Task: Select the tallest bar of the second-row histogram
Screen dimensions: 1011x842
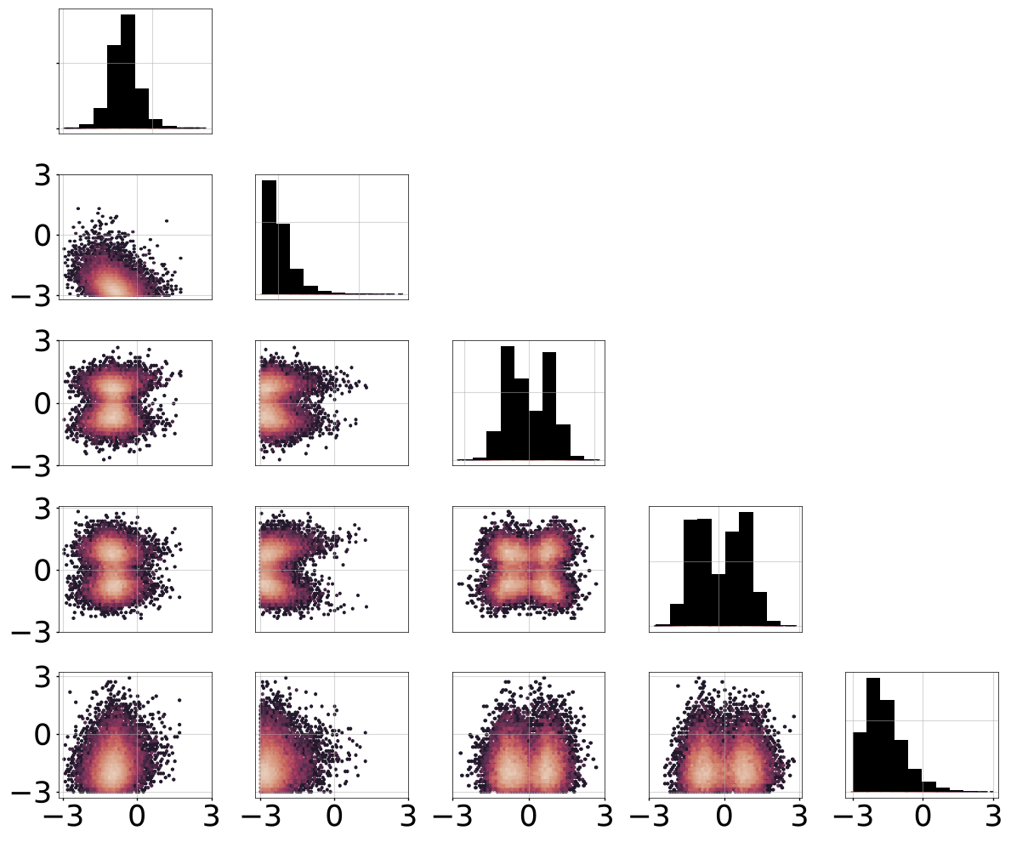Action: [269, 237]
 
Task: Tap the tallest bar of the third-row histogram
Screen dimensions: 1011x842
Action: [508, 403]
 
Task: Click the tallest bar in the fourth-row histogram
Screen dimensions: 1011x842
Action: [746, 569]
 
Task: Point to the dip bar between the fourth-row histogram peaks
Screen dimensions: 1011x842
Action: [718, 600]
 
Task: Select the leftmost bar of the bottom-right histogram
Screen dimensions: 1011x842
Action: [860, 762]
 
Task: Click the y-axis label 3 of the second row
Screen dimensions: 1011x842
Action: [43, 175]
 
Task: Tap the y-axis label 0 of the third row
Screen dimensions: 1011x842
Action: [43, 404]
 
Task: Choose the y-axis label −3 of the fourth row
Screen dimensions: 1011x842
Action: [31, 633]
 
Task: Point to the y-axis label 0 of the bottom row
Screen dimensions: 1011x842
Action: [43, 734]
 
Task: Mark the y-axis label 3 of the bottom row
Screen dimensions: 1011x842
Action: [43, 677]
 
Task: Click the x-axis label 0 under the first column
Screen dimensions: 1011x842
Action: [137, 816]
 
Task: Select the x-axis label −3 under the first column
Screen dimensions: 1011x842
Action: [63, 816]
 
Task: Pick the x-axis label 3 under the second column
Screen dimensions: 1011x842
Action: [407, 816]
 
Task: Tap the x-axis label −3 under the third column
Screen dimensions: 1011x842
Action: [453, 816]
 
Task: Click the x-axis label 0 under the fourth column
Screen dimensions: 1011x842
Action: [724, 816]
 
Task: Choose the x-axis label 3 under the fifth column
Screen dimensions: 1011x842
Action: [994, 816]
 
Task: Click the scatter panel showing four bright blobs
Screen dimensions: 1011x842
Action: [529, 569]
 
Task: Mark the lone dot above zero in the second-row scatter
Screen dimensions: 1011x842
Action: [167, 221]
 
